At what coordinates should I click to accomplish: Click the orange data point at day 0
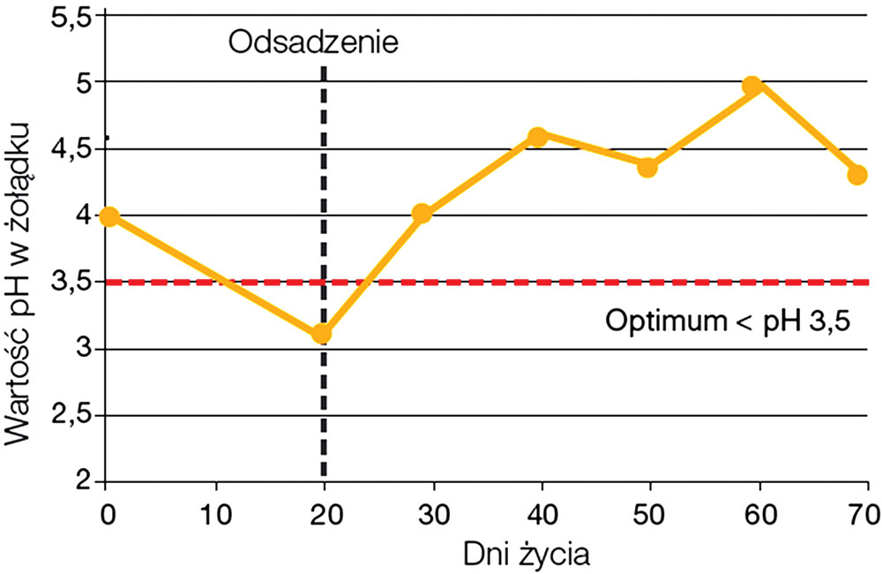108,216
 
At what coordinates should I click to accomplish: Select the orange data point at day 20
322,334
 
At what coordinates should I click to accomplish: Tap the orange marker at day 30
422,214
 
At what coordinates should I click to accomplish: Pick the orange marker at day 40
538,136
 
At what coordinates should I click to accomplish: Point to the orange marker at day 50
647,168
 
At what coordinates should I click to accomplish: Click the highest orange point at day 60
752,86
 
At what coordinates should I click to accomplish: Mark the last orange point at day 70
857,175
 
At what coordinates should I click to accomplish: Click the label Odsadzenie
313,41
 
